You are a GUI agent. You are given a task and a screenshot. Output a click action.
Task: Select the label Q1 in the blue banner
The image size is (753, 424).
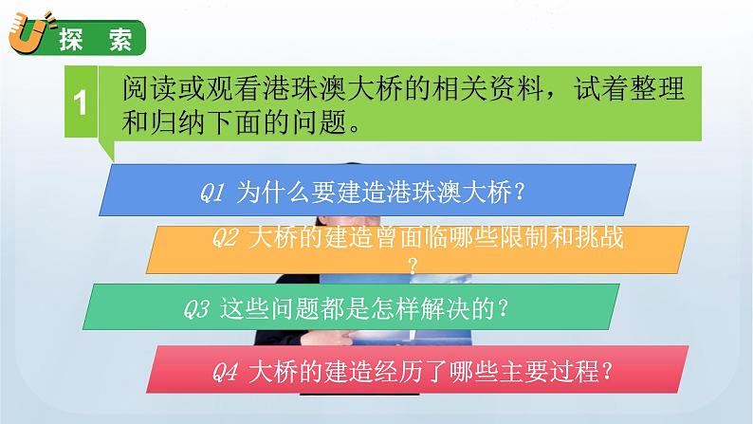[x=211, y=192]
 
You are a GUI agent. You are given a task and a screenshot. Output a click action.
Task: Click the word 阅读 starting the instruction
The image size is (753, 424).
[x=148, y=90]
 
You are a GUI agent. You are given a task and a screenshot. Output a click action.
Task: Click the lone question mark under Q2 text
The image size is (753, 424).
[x=412, y=264]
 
